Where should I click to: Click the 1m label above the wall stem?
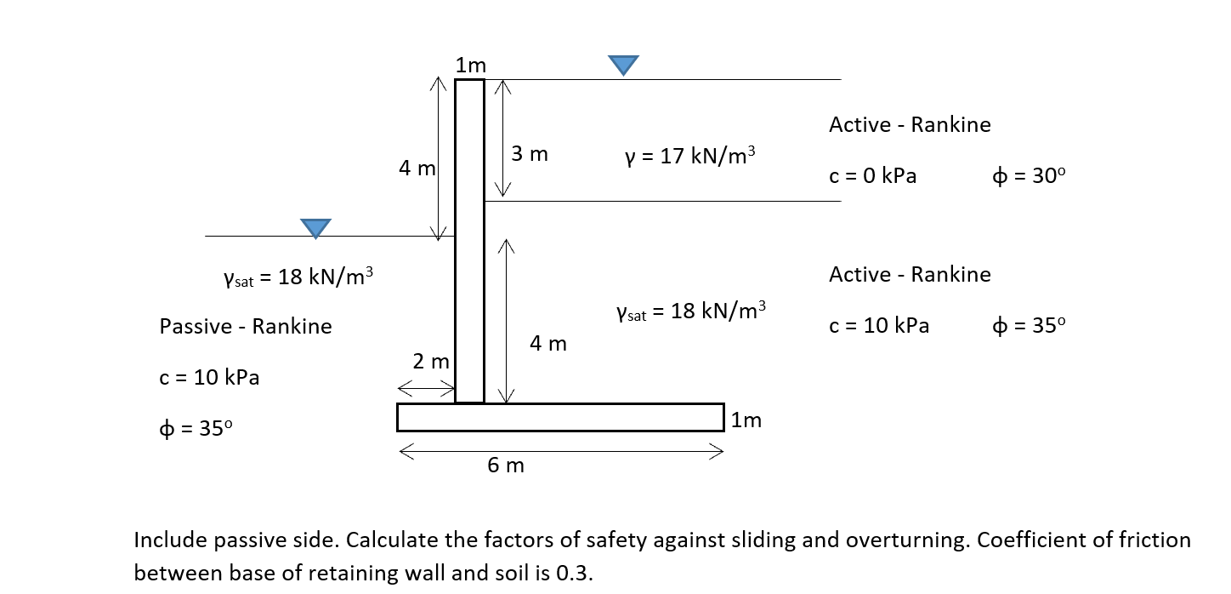coord(470,65)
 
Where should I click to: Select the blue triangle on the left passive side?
coord(315,227)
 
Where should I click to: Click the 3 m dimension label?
coord(530,154)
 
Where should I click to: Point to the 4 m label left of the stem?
coord(417,169)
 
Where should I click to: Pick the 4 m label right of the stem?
coord(547,344)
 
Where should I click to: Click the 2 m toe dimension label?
coord(431,362)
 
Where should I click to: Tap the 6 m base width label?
coord(506,465)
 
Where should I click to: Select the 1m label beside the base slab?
coord(746,420)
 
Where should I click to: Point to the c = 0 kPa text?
coord(873,177)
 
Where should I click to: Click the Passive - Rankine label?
coord(246,326)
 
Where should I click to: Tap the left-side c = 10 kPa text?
coord(209,377)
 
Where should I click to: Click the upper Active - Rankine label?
coord(910,125)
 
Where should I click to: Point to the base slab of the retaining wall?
coord(560,417)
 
